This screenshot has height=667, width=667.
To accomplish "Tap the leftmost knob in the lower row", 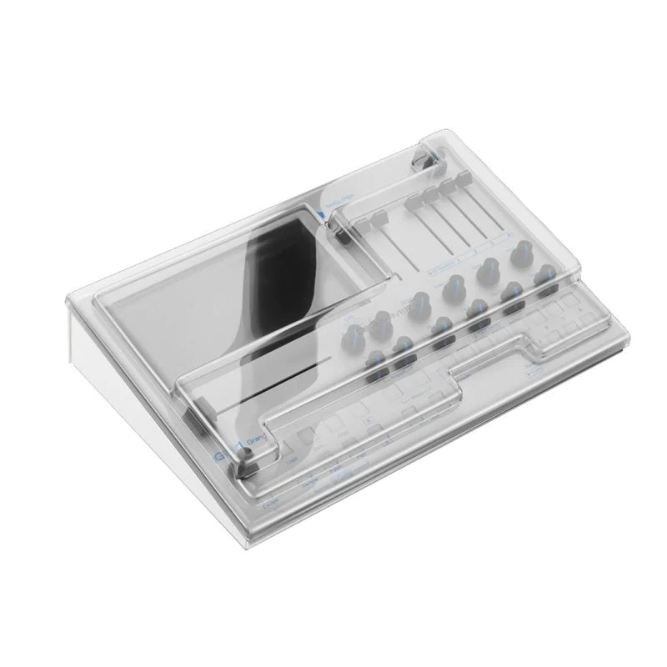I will [x=373, y=358].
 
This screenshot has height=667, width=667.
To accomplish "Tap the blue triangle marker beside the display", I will [x=321, y=213].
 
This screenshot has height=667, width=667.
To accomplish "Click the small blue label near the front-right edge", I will [x=533, y=365].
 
